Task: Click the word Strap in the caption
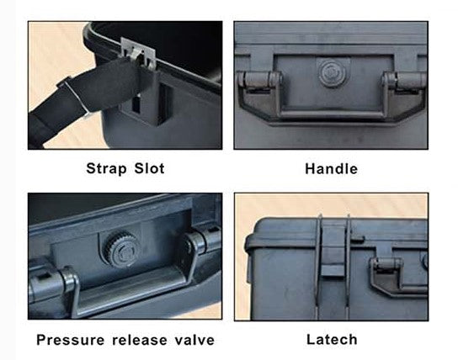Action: [106, 168]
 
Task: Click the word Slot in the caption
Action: [149, 168]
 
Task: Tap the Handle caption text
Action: [331, 169]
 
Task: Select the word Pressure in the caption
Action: [70, 340]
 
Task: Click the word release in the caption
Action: [140, 340]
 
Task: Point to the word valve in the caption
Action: [194, 340]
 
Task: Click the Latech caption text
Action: [332, 340]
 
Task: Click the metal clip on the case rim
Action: [138, 53]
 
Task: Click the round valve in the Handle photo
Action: [333, 72]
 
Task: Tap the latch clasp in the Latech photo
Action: [333, 246]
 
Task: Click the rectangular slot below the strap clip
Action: [136, 103]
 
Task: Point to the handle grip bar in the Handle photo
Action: [332, 114]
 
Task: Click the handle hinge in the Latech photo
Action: [386, 263]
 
